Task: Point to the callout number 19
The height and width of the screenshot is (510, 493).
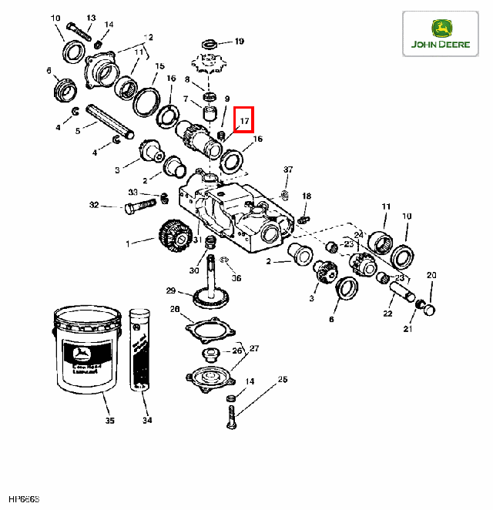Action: [x=240, y=41]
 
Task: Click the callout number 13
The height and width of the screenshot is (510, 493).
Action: [x=91, y=17]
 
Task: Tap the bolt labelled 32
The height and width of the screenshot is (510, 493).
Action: [x=142, y=206]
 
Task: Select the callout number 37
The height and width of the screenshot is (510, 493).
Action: [x=288, y=169]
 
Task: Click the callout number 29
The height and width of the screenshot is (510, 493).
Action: [x=171, y=290]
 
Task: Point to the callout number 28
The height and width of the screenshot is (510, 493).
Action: [x=175, y=310]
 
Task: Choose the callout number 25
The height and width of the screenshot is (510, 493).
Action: [x=282, y=380]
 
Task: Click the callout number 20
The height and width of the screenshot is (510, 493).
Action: [x=431, y=275]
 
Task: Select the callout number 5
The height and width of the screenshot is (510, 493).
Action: [x=77, y=132]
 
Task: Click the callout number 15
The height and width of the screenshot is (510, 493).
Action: [x=159, y=66]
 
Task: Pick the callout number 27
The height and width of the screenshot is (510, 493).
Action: [x=254, y=348]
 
